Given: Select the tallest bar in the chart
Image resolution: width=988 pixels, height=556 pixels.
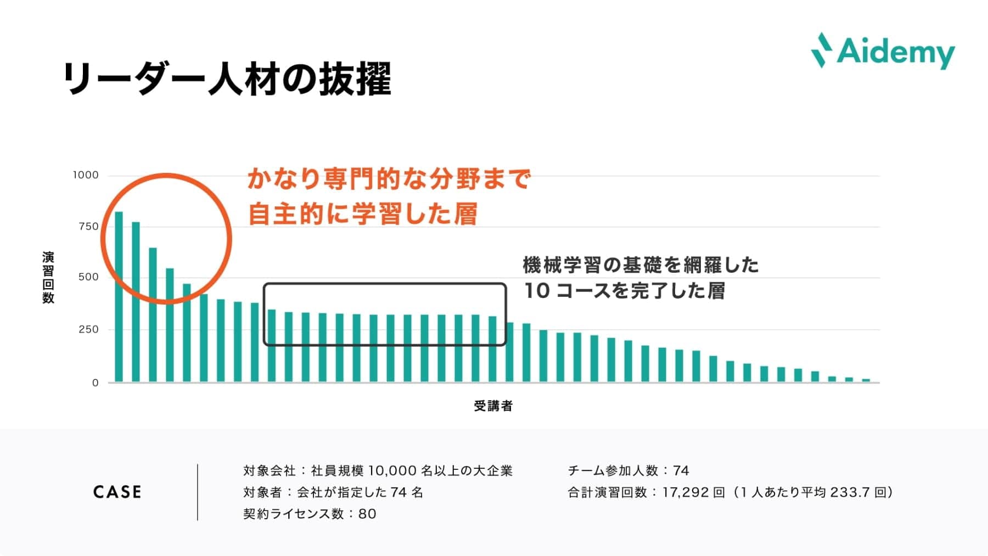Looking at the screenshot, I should coord(119,296).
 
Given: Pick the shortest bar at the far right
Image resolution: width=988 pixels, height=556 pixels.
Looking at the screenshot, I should coord(866,380).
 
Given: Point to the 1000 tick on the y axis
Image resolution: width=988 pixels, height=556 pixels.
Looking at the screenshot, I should coord(86,175).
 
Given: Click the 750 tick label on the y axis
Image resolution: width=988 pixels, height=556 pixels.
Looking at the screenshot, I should coord(88,227).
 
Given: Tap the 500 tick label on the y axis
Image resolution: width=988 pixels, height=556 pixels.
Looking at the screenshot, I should coord(88,277).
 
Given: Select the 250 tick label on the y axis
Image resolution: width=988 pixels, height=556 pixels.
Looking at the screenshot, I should coord(88,329).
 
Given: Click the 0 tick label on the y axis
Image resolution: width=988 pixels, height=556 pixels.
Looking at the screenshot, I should coord(96,383).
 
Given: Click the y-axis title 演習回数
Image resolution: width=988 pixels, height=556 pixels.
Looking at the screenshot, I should coord(48,278).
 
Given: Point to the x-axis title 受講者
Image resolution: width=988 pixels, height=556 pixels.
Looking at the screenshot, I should coord(493,406).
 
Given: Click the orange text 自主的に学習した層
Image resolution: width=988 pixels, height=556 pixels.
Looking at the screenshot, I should coord(362,214).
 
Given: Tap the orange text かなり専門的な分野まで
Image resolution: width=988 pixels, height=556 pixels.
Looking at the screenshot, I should coord(389,179).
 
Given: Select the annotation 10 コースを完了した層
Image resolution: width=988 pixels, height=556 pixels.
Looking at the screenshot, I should coord(624,291).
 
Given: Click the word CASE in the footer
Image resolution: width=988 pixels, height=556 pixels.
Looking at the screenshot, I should coord(117,492).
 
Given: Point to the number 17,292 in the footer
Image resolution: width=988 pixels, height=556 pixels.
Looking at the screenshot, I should coord(685,492).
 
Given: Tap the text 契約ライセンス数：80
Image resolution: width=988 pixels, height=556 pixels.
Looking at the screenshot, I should coord(310,514).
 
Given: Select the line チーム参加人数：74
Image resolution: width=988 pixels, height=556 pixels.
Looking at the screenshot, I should coord(628,470).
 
